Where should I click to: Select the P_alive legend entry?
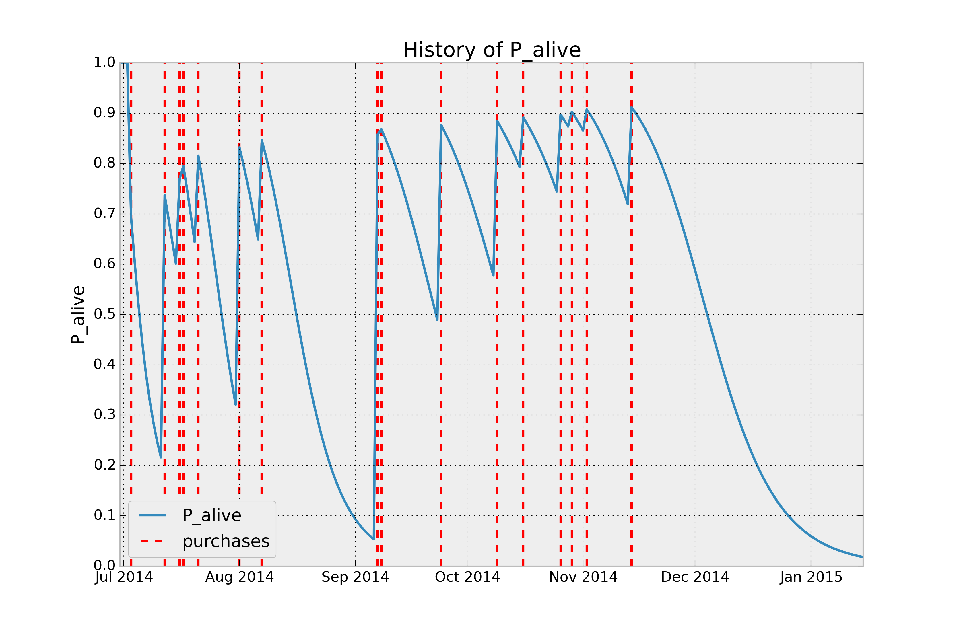(211, 515)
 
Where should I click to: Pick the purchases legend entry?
(226, 541)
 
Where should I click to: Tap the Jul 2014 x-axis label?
(124, 577)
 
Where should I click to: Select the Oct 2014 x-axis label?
(467, 577)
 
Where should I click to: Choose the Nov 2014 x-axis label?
(583, 577)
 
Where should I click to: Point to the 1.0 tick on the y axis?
(104, 63)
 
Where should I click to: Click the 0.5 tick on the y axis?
(104, 314)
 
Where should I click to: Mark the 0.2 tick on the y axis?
(104, 465)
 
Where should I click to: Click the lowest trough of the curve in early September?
(374, 539)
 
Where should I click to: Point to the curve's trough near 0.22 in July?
(161, 457)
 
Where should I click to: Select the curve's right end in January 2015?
(862, 557)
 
